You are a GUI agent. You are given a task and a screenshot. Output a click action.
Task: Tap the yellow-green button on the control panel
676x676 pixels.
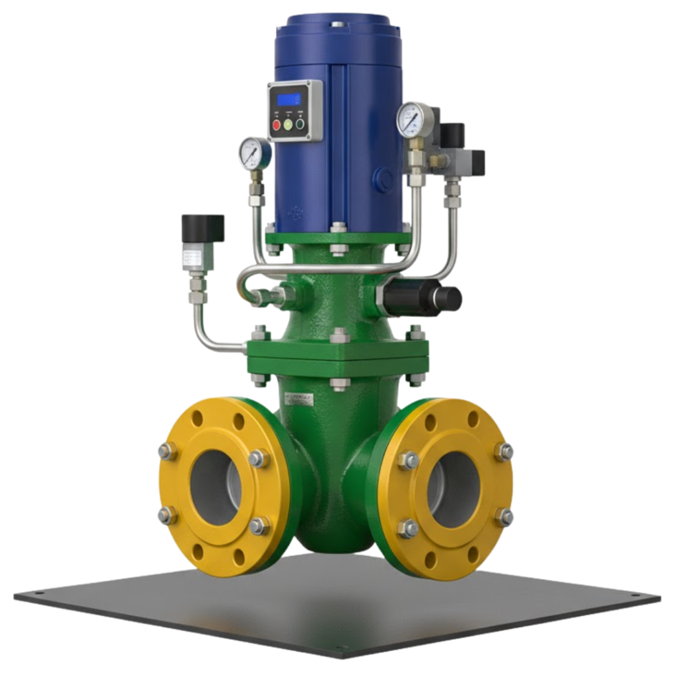[287, 124]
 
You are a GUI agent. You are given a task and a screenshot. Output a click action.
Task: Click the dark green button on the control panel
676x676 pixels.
[300, 123]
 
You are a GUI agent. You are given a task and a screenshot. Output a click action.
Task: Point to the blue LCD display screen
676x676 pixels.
[288, 100]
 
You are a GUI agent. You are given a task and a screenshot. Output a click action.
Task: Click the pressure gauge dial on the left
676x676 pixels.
[252, 151]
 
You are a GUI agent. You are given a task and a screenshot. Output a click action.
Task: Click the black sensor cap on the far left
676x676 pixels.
[203, 228]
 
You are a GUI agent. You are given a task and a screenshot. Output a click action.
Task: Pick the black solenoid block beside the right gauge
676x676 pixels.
[456, 135]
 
